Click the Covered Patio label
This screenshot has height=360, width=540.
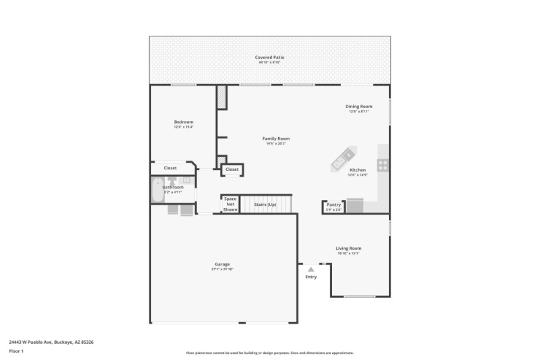tap(269, 57)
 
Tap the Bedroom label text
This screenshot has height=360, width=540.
tap(184, 122)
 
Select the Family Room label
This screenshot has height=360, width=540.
tap(276, 138)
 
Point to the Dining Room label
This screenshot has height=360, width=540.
tap(358, 106)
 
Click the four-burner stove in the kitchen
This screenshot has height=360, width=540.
tap(383, 163)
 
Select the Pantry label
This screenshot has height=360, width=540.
tap(334, 205)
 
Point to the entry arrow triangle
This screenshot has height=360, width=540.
tap(311, 269)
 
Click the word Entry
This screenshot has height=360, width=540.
tap(311, 277)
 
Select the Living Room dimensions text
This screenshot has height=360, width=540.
tap(348, 253)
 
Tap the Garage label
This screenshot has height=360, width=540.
tap(222, 264)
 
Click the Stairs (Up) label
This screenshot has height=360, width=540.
tap(265, 205)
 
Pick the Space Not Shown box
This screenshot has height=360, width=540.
tap(230, 204)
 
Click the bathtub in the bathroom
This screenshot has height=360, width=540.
tap(157, 192)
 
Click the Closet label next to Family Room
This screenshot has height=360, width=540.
tap(232, 170)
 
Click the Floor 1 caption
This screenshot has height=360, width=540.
tap(16, 352)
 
